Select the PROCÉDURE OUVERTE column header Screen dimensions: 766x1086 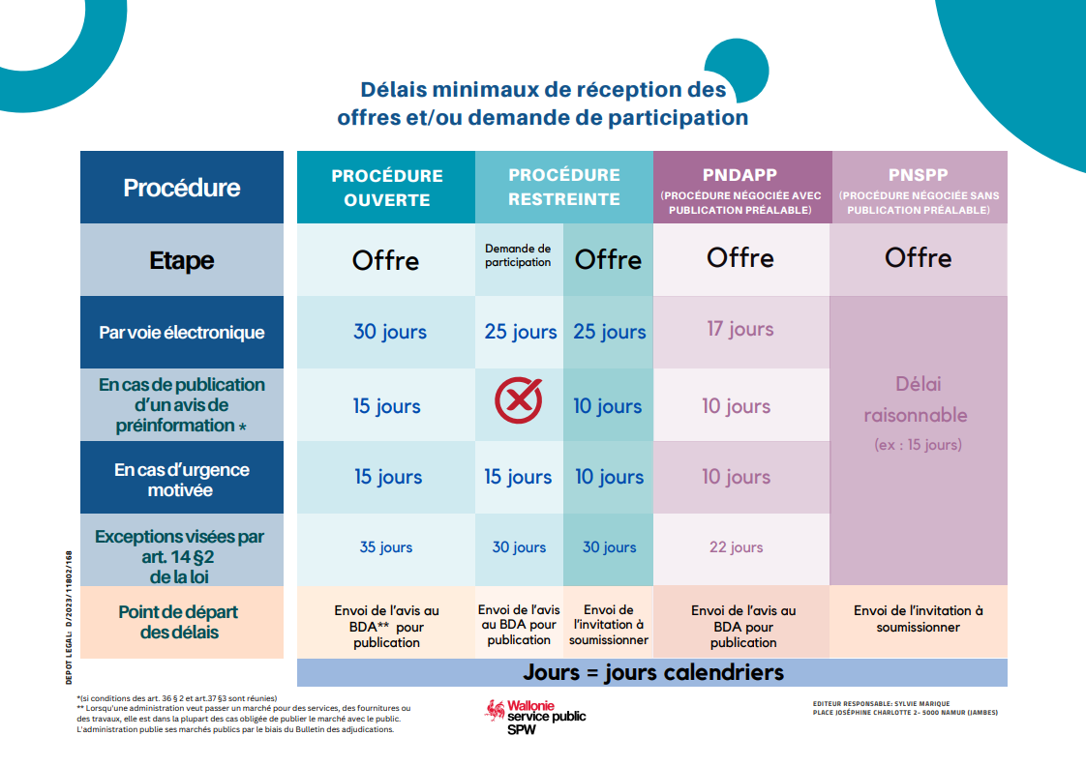click(x=386, y=188)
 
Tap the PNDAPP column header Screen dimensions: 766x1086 click(x=741, y=188)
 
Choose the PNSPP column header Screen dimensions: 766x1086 click(x=919, y=188)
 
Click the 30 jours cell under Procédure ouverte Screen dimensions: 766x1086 click(x=389, y=332)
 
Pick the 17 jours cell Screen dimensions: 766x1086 click(x=740, y=330)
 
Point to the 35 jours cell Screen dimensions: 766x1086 click(x=386, y=547)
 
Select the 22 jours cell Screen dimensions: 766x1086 click(x=736, y=547)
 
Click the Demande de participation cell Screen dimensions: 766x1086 click(x=518, y=256)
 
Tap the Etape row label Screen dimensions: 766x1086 click(x=182, y=260)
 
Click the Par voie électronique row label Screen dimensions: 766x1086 click(x=182, y=333)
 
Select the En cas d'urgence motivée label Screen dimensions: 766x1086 click(x=182, y=480)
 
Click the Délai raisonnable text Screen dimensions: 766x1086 click(x=916, y=400)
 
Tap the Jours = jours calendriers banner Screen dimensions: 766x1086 click(x=653, y=672)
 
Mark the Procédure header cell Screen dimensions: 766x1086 click(x=182, y=188)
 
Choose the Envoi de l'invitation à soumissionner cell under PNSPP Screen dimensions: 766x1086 click(x=919, y=619)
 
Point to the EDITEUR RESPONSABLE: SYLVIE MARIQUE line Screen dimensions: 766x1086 click(x=882, y=703)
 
